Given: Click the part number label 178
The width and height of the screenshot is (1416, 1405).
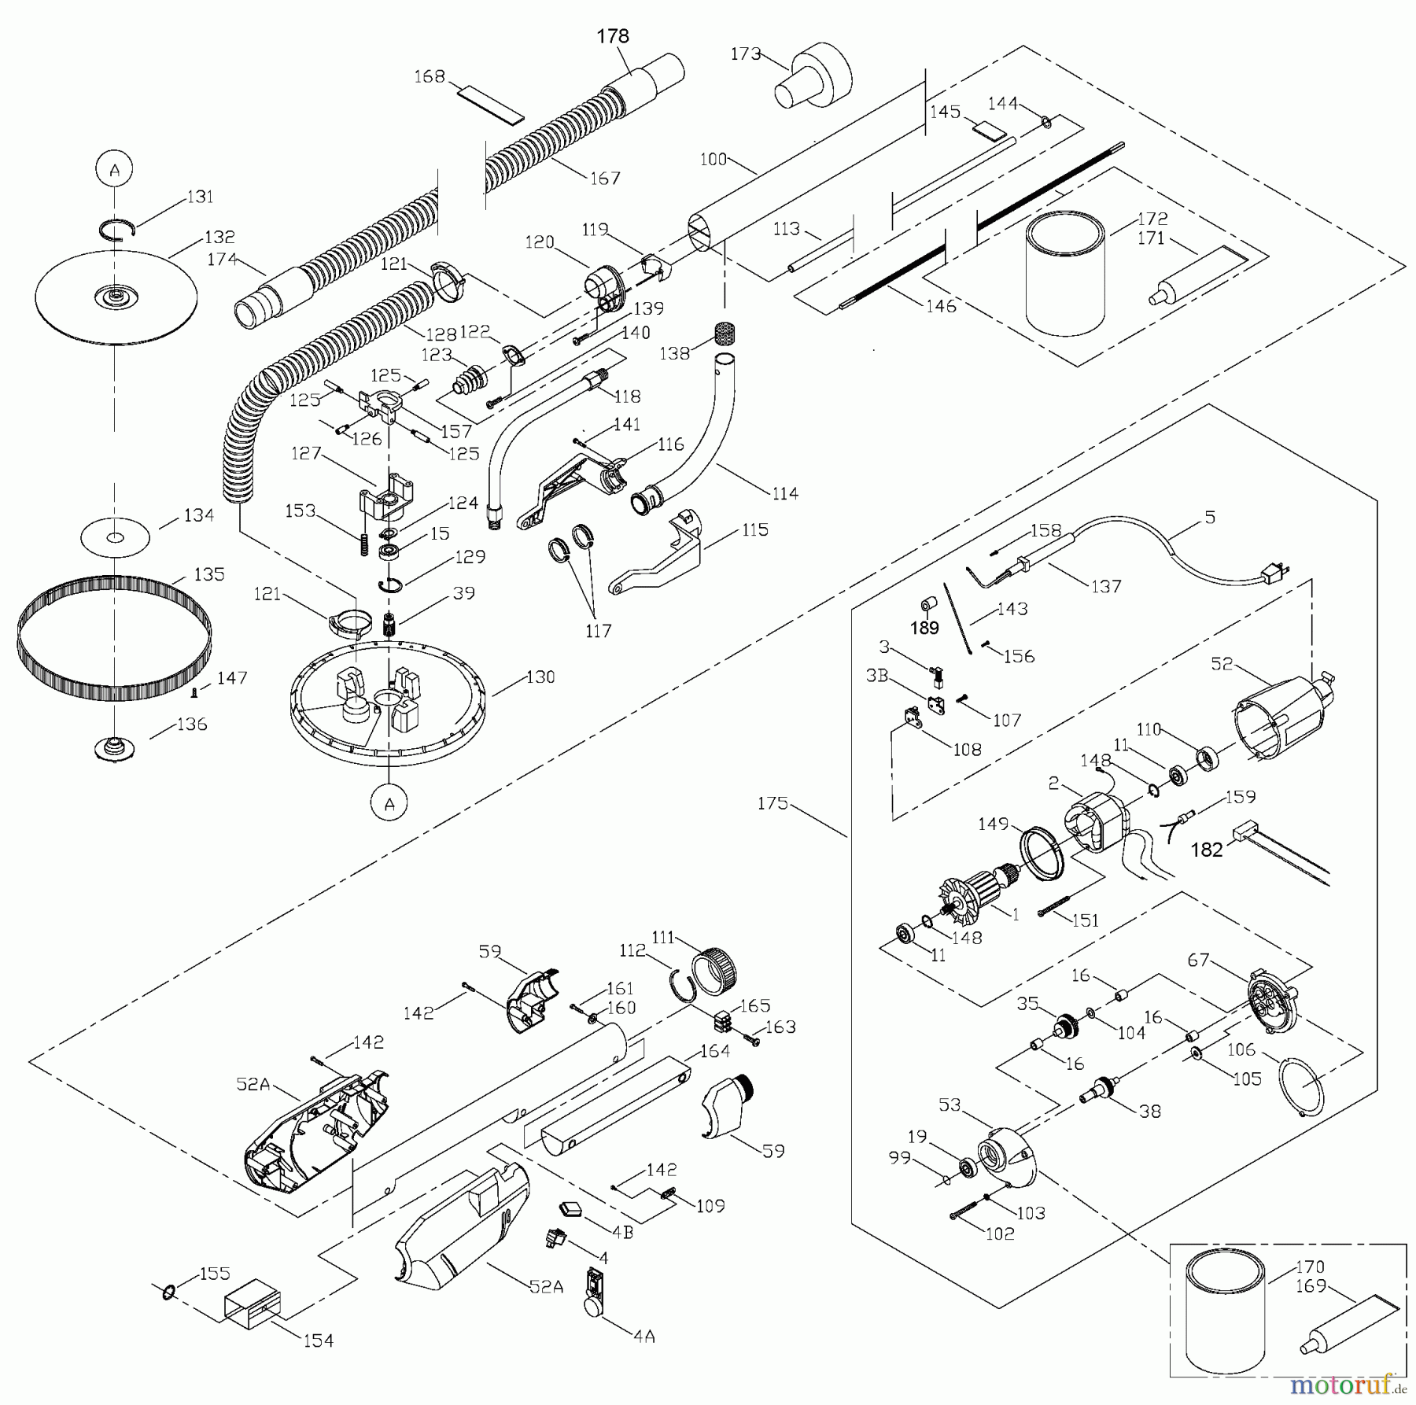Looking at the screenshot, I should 613,36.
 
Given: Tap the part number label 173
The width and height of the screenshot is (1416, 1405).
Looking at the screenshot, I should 745,53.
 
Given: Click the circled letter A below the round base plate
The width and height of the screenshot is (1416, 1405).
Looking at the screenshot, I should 390,803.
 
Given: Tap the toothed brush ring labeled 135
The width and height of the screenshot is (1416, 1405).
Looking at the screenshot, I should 114,638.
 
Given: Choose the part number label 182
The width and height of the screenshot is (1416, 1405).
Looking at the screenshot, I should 1207,850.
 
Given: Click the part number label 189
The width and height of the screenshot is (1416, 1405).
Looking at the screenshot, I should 924,627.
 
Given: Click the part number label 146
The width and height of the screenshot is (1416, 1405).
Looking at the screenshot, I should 941,306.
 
